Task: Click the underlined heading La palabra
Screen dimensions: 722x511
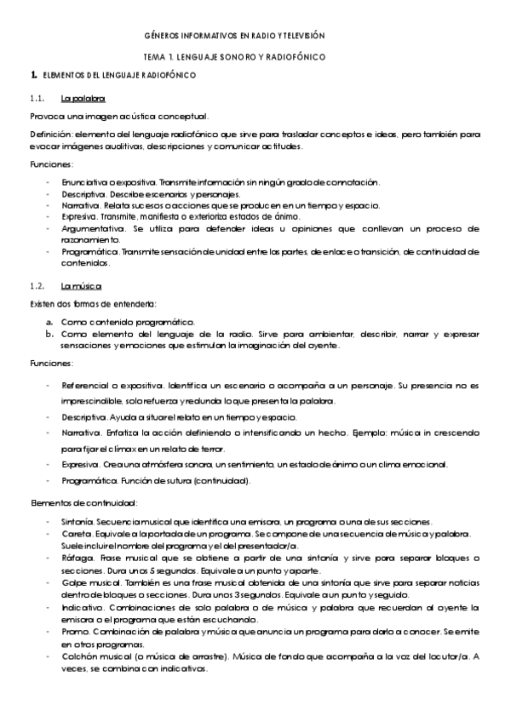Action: (89, 99)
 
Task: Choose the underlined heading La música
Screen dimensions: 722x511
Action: (88, 286)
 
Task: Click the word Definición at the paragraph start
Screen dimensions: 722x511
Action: (49, 134)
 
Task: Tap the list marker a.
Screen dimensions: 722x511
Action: (49, 322)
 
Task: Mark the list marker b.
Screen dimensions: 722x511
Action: (49, 334)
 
